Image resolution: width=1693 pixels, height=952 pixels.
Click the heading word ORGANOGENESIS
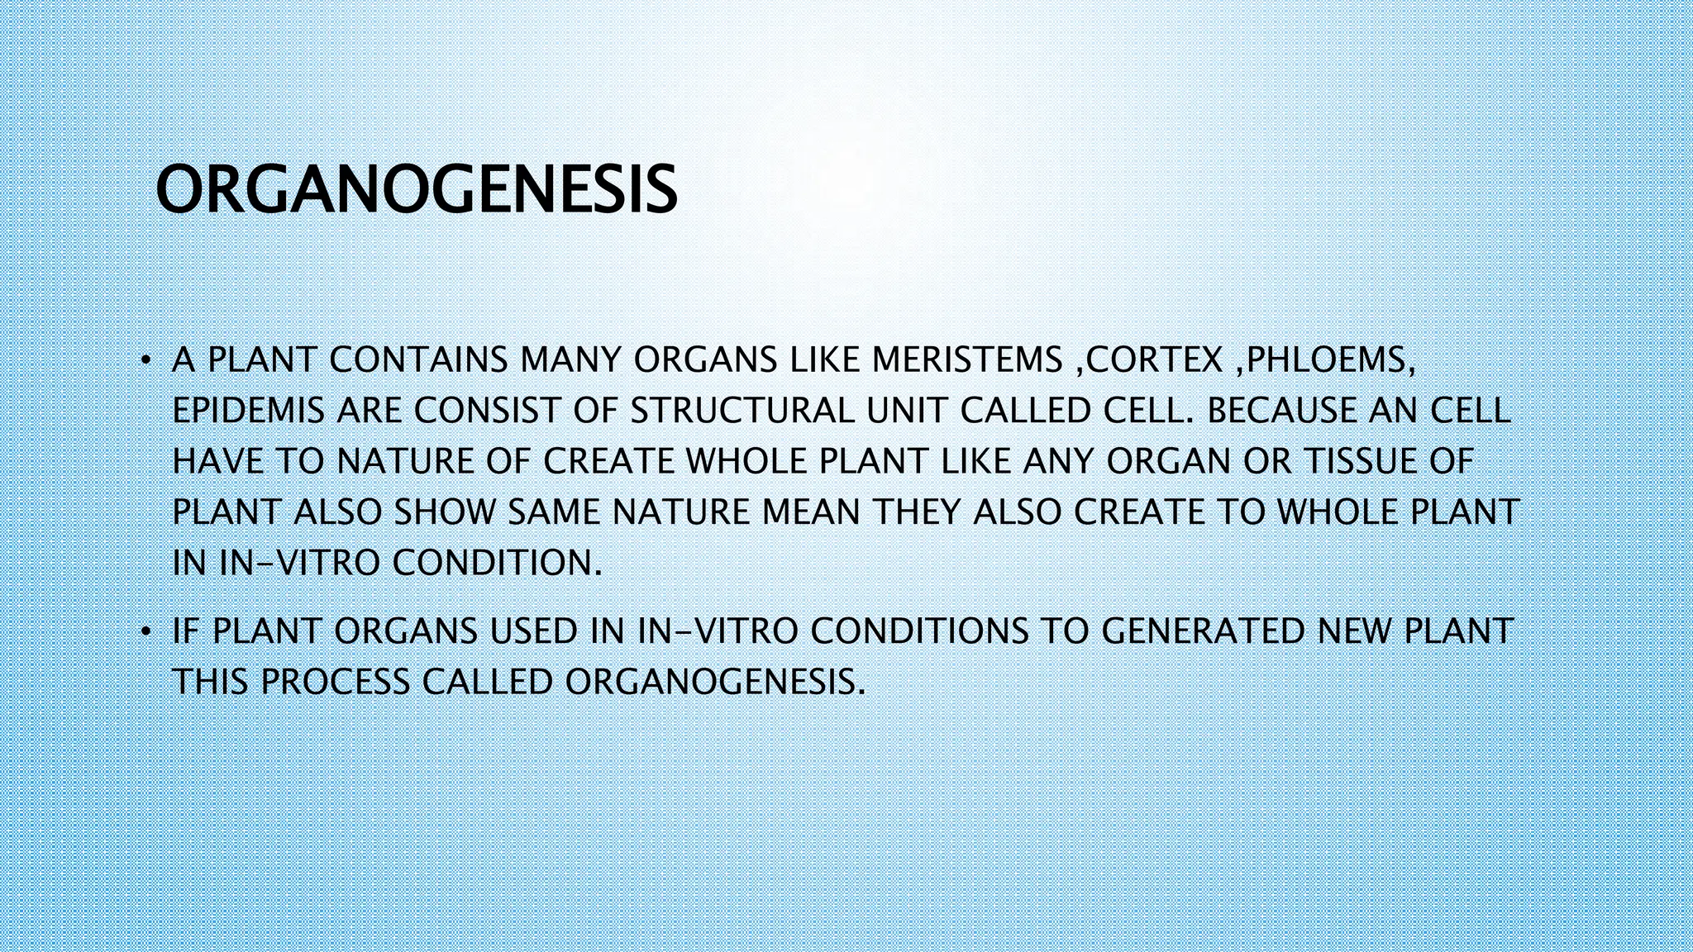pos(416,190)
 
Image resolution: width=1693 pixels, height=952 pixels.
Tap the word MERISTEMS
pos(966,360)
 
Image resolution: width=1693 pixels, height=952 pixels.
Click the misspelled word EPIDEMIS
pos(248,411)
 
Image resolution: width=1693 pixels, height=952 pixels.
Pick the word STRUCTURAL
pos(742,411)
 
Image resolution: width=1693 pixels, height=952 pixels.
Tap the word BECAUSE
pos(1281,411)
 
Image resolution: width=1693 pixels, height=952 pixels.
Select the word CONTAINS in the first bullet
pos(418,360)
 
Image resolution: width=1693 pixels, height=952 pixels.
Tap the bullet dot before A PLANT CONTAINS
pos(145,361)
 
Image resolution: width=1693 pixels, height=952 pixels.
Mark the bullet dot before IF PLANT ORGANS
pos(145,632)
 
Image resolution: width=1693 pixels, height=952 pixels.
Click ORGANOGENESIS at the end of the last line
pos(713,683)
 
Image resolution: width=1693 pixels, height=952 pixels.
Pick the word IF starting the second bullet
pos(186,631)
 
